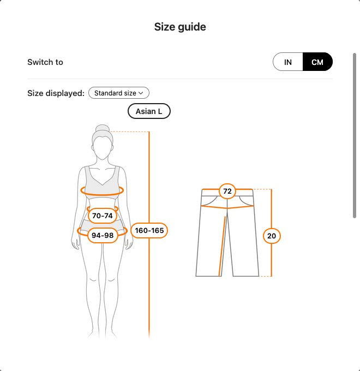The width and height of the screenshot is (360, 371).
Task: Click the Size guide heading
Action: tap(180, 27)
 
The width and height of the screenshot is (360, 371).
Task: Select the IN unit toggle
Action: tap(288, 62)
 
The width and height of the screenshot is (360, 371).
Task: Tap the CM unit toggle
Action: tap(317, 62)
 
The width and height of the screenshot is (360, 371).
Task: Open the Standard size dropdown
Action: tap(119, 93)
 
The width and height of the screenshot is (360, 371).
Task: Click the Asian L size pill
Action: tap(149, 111)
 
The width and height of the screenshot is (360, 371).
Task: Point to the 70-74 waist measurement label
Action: tap(103, 216)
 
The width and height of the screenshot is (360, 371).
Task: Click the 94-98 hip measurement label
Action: tap(103, 236)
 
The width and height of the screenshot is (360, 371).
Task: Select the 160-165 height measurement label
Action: tap(149, 230)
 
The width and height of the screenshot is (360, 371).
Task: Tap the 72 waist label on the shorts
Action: tap(227, 191)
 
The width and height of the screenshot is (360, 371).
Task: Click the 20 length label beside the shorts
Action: tap(272, 236)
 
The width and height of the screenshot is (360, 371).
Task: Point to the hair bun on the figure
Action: tap(103, 128)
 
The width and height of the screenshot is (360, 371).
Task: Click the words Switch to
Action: tap(45, 62)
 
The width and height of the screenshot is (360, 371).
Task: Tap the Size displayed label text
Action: tap(56, 93)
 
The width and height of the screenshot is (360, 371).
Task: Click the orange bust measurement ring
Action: tap(102, 194)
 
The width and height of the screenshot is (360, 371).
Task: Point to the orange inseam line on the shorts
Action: tap(222, 246)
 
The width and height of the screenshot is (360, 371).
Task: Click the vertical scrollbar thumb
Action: tap(355, 135)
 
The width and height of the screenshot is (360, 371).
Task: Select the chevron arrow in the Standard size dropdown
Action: tap(141, 93)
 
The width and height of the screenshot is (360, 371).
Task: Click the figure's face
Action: tap(102, 148)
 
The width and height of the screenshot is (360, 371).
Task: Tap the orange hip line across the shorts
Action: tap(227, 207)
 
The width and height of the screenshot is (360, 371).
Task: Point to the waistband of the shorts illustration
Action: tap(227, 193)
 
